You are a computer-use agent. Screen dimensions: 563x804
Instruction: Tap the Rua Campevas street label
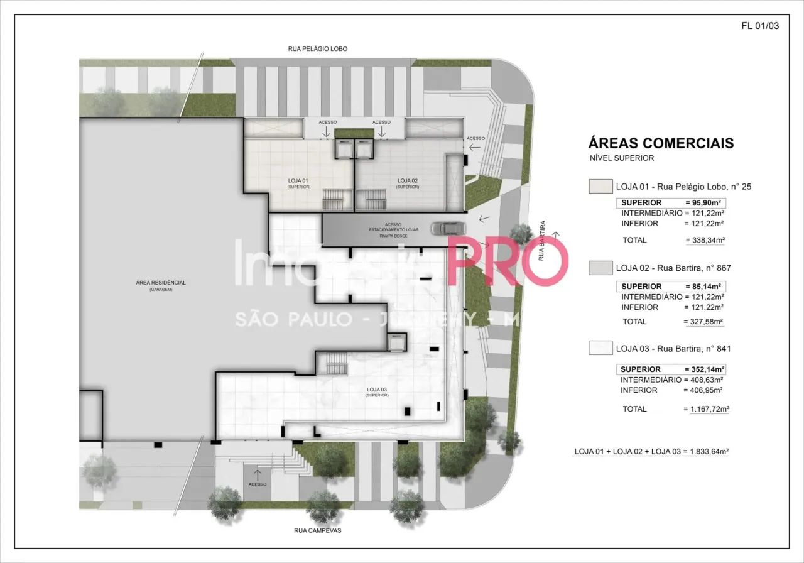(317, 530)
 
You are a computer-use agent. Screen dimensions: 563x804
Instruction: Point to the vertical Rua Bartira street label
(541, 241)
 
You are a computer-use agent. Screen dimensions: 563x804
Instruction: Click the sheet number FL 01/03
(760, 26)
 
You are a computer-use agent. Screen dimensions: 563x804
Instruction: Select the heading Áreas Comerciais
(660, 143)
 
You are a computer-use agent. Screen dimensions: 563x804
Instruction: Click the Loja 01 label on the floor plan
(298, 181)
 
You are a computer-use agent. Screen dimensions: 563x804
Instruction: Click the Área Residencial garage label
(161, 283)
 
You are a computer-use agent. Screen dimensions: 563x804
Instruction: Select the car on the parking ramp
(448, 228)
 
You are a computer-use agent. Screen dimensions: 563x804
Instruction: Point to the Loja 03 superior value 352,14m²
(703, 369)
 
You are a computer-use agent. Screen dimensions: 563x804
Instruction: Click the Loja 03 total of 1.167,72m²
(705, 409)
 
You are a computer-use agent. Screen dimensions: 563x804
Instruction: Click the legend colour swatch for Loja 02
(600, 268)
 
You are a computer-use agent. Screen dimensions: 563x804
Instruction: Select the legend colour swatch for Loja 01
(600, 187)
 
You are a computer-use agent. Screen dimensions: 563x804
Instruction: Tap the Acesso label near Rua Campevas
(258, 484)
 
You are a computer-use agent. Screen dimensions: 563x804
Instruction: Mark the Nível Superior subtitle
(621, 158)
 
